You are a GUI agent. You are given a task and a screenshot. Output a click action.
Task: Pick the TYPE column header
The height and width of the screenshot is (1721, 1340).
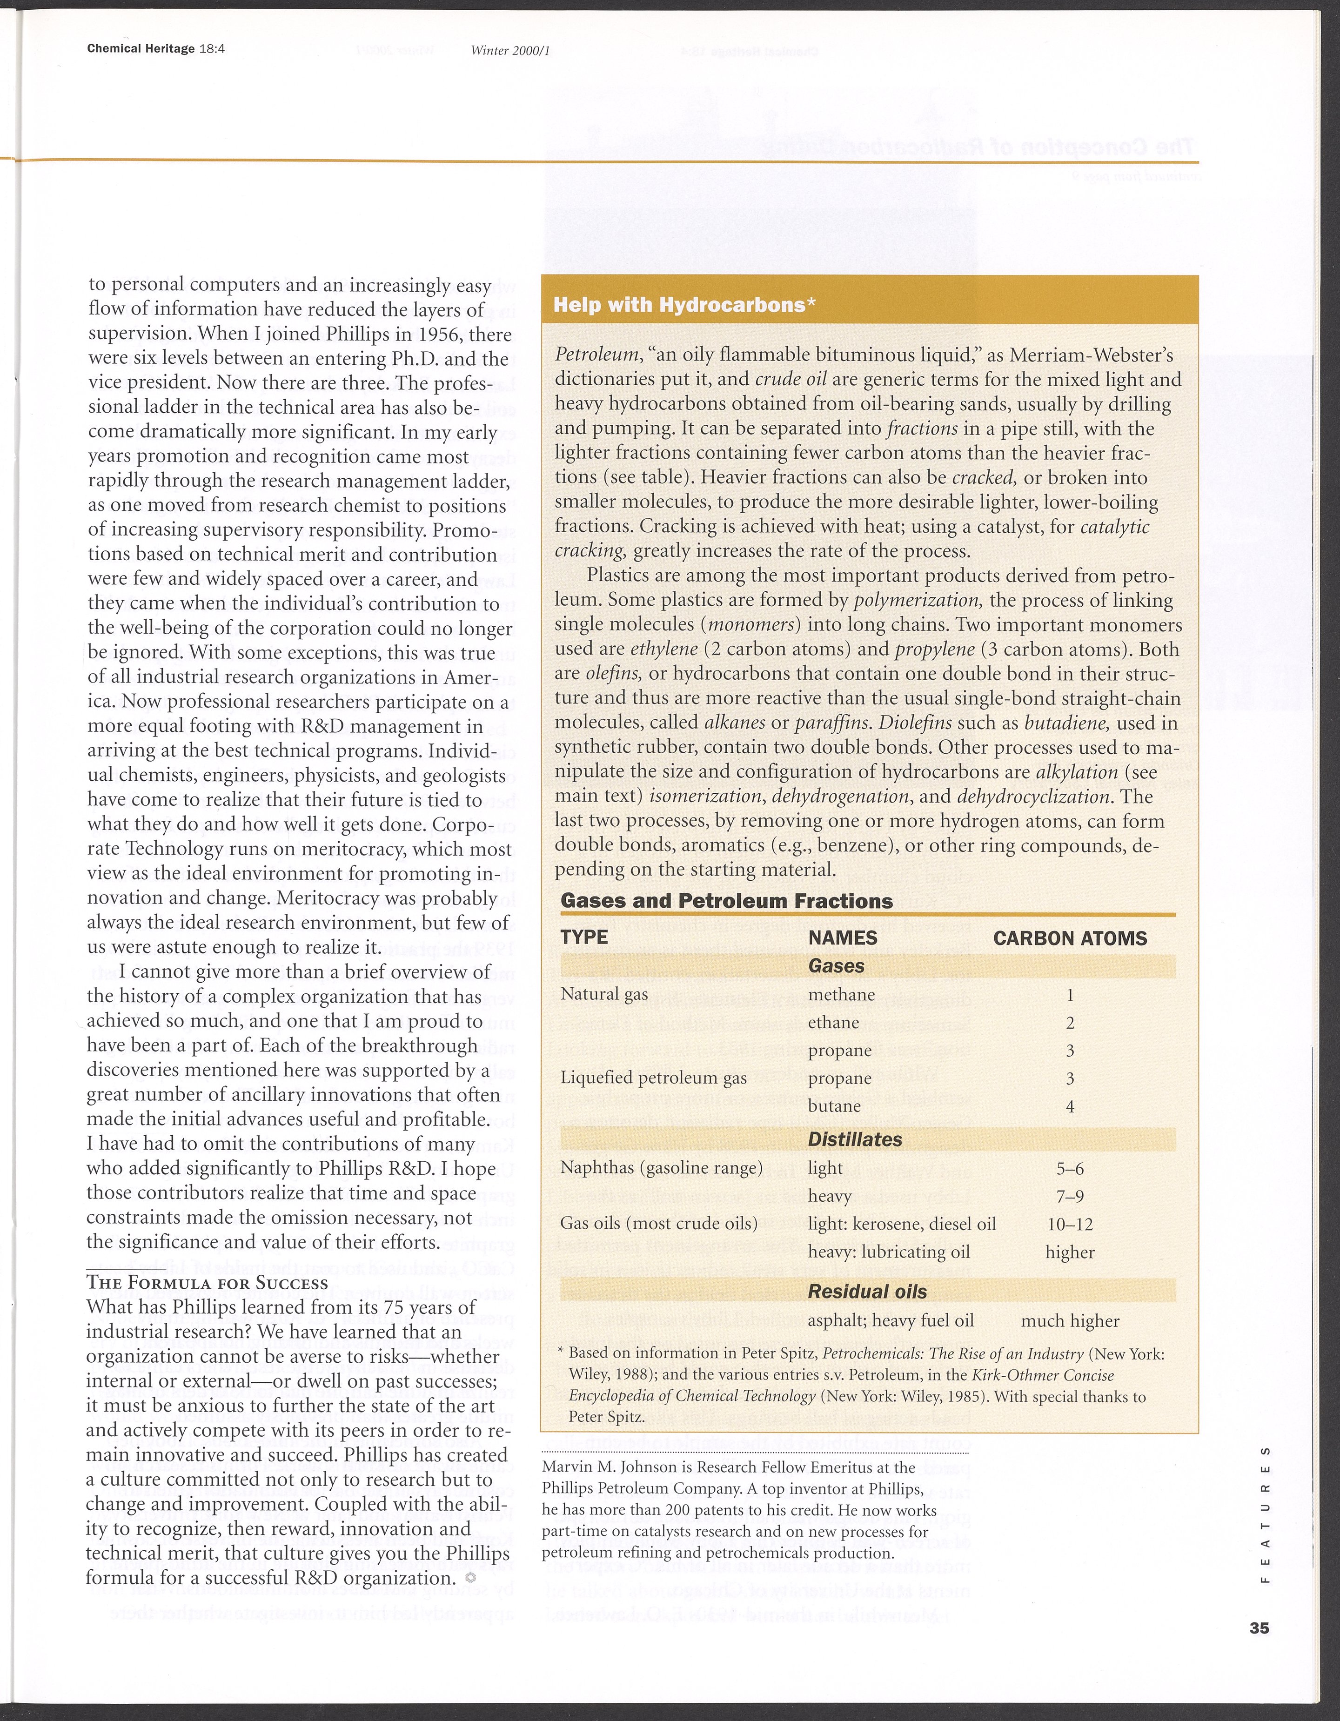pos(584,937)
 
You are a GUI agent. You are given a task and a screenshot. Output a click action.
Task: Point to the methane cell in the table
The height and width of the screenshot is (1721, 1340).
pos(841,994)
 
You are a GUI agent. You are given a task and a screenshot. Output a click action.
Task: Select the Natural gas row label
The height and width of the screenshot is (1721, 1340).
pos(604,994)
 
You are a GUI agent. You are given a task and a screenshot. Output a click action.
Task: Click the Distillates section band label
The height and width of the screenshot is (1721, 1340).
pos(854,1139)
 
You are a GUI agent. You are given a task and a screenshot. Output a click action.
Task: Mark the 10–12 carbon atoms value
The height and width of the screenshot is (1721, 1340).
pos(1070,1224)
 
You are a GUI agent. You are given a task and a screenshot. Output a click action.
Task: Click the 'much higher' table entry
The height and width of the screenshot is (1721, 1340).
pos(1070,1321)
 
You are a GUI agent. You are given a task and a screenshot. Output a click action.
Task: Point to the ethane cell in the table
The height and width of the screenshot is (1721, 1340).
pos(833,1023)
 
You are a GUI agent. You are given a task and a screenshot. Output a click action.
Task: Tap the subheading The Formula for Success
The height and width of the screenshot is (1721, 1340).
pos(208,1282)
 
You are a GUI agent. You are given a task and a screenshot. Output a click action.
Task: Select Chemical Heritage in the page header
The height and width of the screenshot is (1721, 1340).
pos(141,49)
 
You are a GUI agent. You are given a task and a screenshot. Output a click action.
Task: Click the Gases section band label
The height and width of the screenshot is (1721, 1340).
pos(836,966)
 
